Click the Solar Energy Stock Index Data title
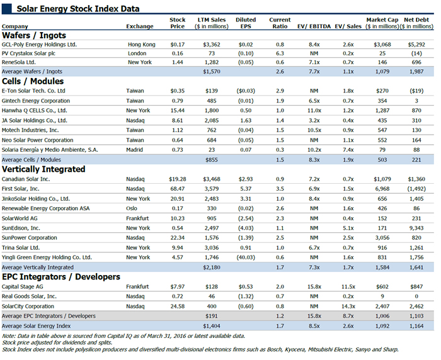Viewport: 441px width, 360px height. pyautogui.click(x=78, y=9)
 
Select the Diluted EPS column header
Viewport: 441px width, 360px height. pyautogui.click(x=246, y=23)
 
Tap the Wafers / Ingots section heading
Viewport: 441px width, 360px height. pyautogui.click(x=34, y=35)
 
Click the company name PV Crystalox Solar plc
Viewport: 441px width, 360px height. pyautogui.click(x=28, y=53)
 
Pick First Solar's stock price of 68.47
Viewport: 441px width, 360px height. pyautogui.click(x=177, y=189)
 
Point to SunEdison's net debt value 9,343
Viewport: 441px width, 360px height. pyautogui.click(x=416, y=228)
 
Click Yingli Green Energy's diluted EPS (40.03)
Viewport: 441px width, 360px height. pyautogui.click(x=246, y=257)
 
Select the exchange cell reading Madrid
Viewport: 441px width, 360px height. pyautogui.click(x=134, y=150)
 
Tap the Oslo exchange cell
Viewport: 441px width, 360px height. pyautogui.click(x=132, y=208)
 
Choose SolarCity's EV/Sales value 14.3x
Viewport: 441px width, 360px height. pyautogui.click(x=348, y=307)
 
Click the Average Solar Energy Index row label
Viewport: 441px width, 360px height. pyautogui.click(x=37, y=326)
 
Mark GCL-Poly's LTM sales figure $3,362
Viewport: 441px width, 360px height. pyautogui.click(x=212, y=45)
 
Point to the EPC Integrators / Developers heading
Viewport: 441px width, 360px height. pyautogui.click(x=61, y=277)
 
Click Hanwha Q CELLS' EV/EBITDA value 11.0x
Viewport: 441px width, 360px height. pyautogui.click(x=314, y=110)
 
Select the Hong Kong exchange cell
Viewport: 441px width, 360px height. pyautogui.click(x=142, y=45)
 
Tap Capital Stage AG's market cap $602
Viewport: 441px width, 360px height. pyautogui.click(x=382, y=286)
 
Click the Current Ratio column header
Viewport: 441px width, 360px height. pyautogui.click(x=280, y=23)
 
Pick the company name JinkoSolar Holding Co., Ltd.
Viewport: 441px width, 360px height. pyautogui.click(x=36, y=199)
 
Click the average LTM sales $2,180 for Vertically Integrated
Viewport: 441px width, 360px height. pyautogui.click(x=212, y=267)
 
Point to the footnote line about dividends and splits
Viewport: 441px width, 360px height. pyautogui.click(x=57, y=342)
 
